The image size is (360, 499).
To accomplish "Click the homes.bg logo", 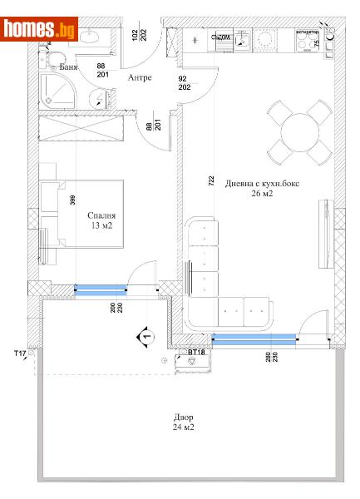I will [39, 29].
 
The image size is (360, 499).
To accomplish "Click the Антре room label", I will [139, 78].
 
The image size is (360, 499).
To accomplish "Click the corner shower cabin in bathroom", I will [57, 89].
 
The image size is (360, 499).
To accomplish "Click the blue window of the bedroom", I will [101, 289].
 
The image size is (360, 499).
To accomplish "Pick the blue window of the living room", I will [254, 337].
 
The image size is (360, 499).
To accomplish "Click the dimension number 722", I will [211, 180].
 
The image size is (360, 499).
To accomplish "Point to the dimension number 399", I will [74, 199].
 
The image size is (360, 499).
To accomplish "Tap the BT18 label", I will [196, 353].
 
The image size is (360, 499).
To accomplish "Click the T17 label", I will [20, 353].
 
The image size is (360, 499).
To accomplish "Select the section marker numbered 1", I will [145, 336].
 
